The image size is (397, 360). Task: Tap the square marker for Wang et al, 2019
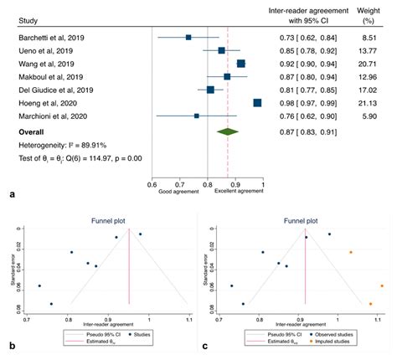point(241,64)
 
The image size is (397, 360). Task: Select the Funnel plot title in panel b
point(107,222)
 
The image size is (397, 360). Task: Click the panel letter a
point(9,193)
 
